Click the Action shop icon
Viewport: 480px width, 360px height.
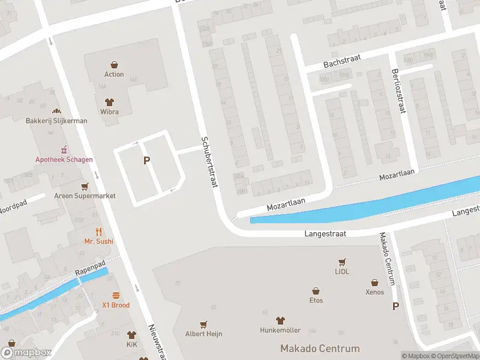[114, 64]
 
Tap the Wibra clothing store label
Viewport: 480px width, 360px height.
[109, 112]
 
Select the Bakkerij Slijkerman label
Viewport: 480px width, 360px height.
[56, 121]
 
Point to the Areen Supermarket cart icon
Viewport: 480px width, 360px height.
[85, 186]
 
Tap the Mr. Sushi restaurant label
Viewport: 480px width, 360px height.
[99, 241]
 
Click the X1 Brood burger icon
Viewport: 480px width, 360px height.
[116, 295]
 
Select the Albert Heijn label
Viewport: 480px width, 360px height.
[204, 333]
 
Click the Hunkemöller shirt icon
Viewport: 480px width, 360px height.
[280, 320]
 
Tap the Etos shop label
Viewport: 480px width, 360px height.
[316, 301]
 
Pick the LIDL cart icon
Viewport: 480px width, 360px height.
[342, 262]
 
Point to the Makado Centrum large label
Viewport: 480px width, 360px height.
[320, 349]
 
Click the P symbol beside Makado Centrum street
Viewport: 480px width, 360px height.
[395, 307]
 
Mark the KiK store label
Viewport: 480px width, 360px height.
[132, 346]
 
